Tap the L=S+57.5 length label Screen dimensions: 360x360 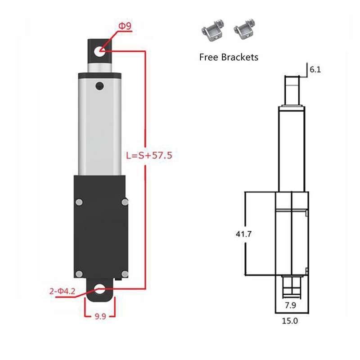(149, 156)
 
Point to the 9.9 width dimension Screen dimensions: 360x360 (100, 316)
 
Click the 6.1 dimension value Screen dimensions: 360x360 (316, 70)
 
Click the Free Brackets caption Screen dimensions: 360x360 (229, 57)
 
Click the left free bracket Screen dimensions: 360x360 (211, 31)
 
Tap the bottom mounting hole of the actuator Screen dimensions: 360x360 (100, 290)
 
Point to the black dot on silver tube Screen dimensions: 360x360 (99, 85)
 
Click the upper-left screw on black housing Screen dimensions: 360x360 (79, 202)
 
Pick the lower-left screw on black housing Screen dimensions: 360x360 (79, 273)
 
